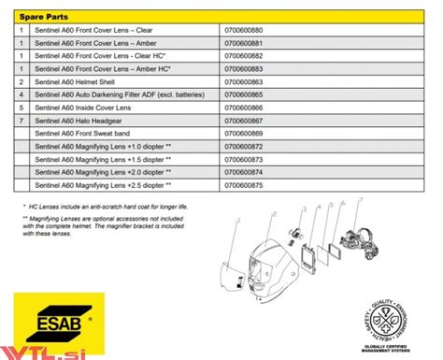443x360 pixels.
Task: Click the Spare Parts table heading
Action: [41, 15]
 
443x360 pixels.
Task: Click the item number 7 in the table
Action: [20, 121]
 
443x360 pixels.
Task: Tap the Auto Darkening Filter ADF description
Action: [113, 95]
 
